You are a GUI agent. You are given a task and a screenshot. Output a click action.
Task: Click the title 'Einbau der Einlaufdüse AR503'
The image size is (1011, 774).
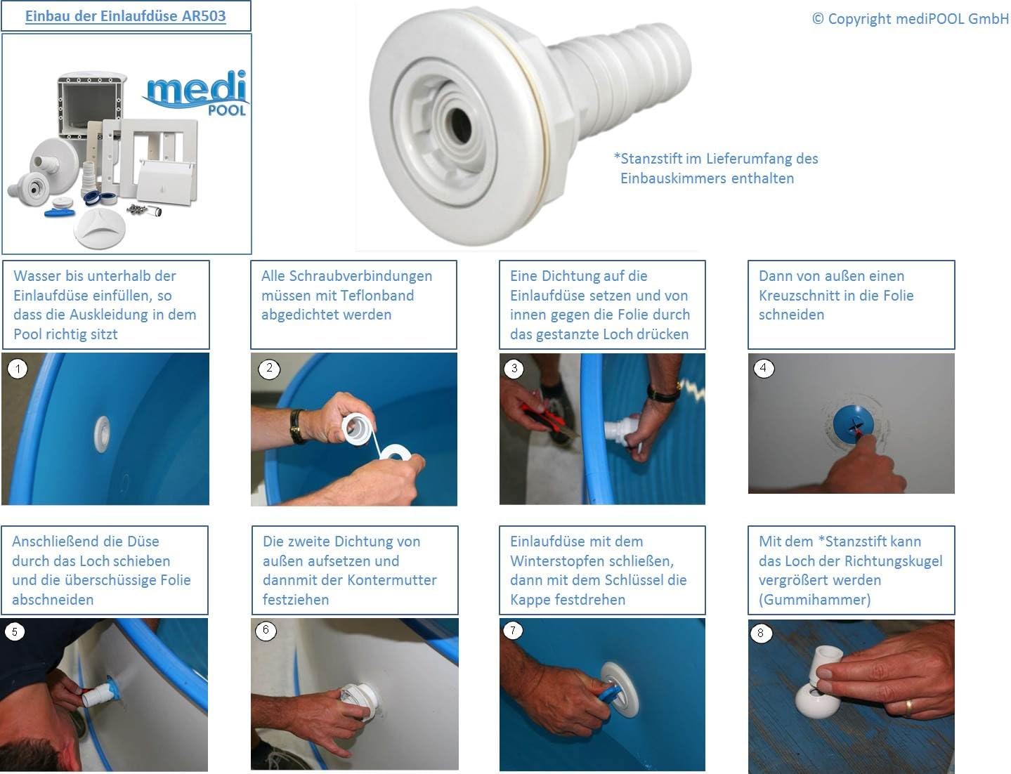coord(125,16)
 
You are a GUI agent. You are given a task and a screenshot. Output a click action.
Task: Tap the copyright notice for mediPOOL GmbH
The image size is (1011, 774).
coord(910,18)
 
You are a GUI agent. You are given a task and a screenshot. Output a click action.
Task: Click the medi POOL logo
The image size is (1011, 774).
coord(196,93)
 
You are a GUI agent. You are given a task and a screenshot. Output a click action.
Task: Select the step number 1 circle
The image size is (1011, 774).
coord(18,369)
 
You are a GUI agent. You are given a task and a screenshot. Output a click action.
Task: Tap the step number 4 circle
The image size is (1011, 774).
coord(763,369)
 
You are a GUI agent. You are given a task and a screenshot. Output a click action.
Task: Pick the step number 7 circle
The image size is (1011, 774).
coord(513,631)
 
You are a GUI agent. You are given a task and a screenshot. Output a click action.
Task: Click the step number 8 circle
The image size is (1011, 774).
coord(760,633)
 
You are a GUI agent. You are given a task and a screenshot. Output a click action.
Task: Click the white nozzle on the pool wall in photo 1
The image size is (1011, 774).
coord(102,434)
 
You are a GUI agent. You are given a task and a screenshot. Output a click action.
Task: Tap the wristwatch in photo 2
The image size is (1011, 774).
coord(296,426)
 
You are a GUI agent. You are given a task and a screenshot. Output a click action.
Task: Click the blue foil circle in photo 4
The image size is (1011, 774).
coord(851,424)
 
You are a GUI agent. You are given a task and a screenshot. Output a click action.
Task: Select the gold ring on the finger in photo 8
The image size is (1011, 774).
coord(907,709)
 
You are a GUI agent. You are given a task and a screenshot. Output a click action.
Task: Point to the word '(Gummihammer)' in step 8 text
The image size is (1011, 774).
coord(814,600)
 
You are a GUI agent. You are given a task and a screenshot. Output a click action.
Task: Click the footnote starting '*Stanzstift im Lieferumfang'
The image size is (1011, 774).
coord(715,169)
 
